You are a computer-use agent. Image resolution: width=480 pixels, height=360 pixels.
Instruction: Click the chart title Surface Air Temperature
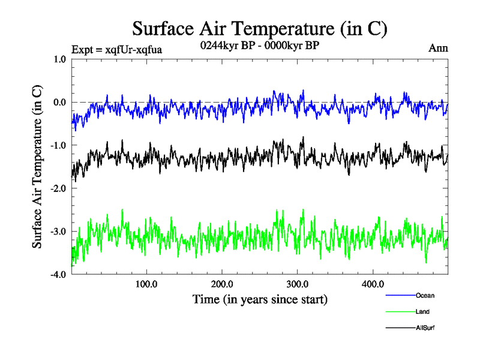pyautogui.click(x=260, y=28)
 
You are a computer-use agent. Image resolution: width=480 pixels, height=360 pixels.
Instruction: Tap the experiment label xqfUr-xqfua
pyautogui.click(x=116, y=49)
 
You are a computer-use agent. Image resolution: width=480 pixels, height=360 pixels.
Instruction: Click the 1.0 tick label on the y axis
pyautogui.click(x=60, y=59)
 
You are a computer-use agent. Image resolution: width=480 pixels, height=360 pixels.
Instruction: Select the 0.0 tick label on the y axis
pyautogui.click(x=60, y=102)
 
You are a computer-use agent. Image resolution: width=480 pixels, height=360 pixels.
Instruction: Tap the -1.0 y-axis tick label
pyautogui.click(x=59, y=145)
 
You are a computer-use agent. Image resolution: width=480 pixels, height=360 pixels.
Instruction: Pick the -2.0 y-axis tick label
pyautogui.click(x=59, y=188)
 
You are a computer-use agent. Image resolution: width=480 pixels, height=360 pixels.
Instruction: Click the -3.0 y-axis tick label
pyautogui.click(x=59, y=232)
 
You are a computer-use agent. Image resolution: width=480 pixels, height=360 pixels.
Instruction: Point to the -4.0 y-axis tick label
pyautogui.click(x=59, y=275)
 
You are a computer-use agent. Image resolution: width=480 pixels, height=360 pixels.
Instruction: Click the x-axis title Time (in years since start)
pyautogui.click(x=260, y=299)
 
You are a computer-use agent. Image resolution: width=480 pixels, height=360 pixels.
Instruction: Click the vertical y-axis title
pyautogui.click(x=37, y=167)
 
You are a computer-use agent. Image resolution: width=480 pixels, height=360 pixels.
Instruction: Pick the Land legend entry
pyautogui.click(x=422, y=311)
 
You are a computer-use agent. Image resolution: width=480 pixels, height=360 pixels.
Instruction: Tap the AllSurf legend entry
pyautogui.click(x=425, y=328)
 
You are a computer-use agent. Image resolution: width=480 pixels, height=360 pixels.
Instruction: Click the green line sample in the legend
pyautogui.click(x=400, y=311)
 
